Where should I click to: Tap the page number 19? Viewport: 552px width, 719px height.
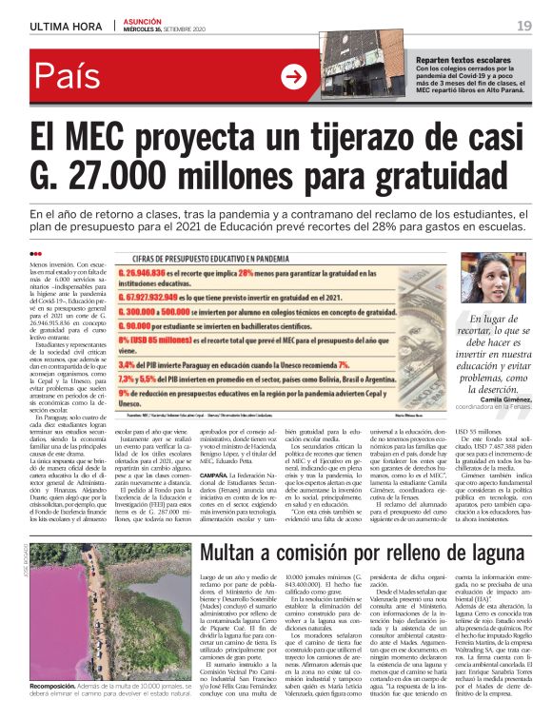pos(524,26)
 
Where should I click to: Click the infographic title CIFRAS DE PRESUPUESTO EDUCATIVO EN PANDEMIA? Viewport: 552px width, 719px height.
pos(244,257)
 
